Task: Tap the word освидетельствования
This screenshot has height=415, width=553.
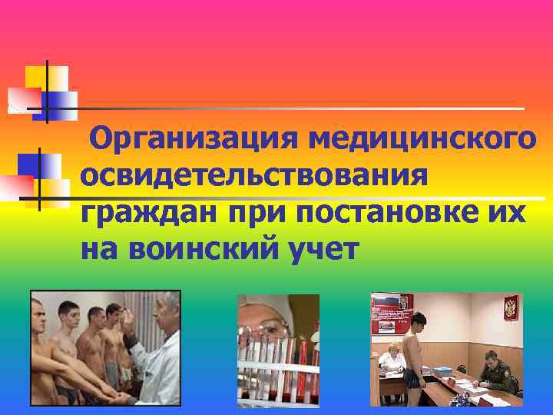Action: coord(253,176)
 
